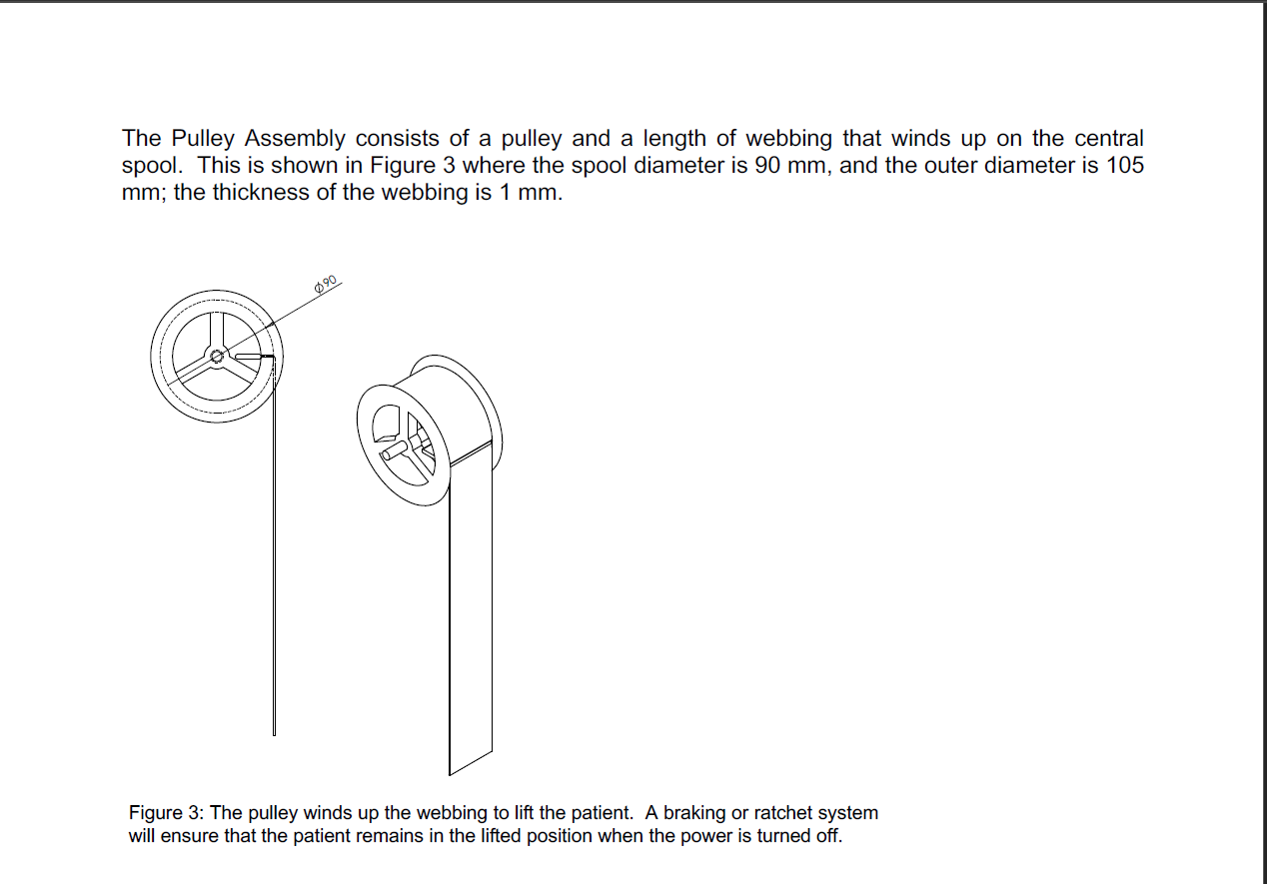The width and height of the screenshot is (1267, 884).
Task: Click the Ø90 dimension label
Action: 328,284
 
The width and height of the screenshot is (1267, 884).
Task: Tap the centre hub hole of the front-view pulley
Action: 217,356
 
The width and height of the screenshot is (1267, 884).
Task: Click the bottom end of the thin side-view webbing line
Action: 274,732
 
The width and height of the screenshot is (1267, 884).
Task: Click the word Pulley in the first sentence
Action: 205,138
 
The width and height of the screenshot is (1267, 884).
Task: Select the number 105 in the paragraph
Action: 1125,165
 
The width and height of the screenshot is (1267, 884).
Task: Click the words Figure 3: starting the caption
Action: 164,813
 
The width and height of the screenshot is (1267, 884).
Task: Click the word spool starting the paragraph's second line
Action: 149,165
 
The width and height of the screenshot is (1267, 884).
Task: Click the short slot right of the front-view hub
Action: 251,356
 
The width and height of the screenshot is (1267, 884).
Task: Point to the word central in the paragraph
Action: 1104,138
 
